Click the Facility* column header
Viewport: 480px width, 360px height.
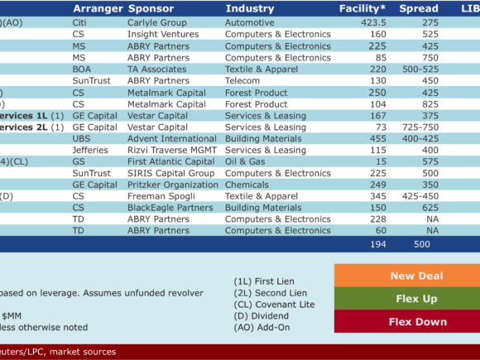point(362,8)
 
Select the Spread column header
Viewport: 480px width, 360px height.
point(419,8)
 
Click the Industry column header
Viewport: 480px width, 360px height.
point(250,9)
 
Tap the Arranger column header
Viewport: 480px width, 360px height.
point(98,9)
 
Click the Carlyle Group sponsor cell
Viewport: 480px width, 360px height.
point(157,22)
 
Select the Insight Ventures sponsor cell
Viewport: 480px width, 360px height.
point(163,34)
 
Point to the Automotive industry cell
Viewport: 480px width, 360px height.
point(250,22)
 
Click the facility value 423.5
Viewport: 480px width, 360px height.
point(373,22)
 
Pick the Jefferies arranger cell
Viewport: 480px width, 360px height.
point(90,150)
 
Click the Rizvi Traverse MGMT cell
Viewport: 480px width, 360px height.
point(172,150)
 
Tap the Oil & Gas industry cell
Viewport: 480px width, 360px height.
point(245,161)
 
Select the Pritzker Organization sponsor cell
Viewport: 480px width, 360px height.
point(173,185)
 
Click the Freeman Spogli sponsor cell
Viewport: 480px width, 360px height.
point(161,196)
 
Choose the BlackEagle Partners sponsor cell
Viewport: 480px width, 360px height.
point(170,208)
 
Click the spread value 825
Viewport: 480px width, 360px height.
point(430,104)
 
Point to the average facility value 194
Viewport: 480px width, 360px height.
point(378,244)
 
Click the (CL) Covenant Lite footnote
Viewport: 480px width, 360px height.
point(274,305)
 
